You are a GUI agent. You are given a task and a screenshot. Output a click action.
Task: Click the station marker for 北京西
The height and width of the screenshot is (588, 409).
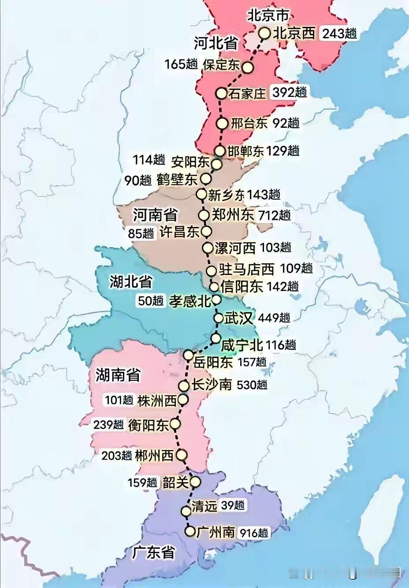264,33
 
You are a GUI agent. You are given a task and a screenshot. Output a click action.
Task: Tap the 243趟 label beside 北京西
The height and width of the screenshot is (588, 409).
339,33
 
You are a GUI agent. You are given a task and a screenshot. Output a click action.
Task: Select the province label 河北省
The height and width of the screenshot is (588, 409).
216,43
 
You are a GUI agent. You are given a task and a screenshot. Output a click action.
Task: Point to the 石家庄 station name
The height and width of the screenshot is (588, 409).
248,93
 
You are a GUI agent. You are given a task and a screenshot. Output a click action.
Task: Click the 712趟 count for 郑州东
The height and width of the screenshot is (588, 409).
275,216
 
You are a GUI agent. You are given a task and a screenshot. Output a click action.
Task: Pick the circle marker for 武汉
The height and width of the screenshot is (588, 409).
219,318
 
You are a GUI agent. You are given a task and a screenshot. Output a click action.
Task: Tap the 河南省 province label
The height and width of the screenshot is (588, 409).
155,215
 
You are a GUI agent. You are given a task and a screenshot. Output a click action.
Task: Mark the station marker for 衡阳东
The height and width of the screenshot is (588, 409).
175,424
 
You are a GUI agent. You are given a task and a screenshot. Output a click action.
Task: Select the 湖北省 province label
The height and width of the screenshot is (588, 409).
131,282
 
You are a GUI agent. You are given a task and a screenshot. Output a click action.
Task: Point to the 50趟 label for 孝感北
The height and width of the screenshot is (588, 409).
151,301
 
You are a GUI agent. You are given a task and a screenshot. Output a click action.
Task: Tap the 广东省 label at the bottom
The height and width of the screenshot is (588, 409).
153,553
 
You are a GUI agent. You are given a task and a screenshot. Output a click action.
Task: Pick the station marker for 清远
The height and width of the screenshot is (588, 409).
186,511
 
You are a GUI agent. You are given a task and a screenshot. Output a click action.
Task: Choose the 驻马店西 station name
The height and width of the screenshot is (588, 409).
246,269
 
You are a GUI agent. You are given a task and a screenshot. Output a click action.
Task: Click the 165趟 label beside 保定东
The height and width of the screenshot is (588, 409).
181,64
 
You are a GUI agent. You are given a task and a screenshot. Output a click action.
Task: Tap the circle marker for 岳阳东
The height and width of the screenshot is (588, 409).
189,355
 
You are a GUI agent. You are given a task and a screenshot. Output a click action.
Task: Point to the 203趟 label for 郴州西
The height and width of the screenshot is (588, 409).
117,455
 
